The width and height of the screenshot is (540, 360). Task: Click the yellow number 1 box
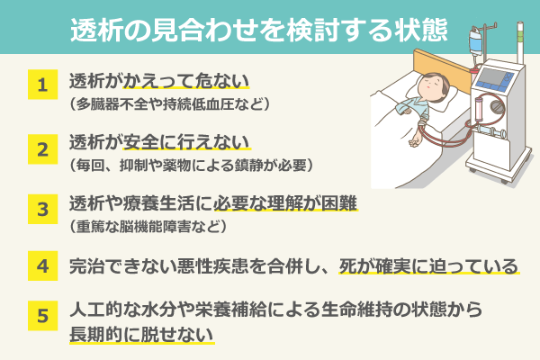click(42, 85)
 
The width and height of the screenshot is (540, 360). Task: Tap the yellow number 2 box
click(42, 149)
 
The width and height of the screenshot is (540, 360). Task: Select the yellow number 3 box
click(42, 209)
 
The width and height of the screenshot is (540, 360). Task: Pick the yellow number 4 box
click(42, 266)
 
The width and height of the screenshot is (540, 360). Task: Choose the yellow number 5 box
click(42, 316)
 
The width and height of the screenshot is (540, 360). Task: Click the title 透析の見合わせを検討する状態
click(259, 30)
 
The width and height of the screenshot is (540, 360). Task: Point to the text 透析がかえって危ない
click(159, 81)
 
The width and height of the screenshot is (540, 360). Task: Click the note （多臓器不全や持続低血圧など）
click(169, 103)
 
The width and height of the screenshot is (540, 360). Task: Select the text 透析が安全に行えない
click(159, 142)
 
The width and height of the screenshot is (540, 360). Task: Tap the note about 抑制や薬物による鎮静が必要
click(191, 166)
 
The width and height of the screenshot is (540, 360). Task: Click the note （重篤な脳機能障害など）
click(148, 226)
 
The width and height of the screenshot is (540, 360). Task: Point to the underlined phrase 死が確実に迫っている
click(428, 266)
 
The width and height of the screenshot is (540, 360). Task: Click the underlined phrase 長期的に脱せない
click(141, 335)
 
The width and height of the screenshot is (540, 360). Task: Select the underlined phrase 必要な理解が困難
click(285, 203)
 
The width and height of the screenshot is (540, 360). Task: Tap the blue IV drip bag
click(475, 42)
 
